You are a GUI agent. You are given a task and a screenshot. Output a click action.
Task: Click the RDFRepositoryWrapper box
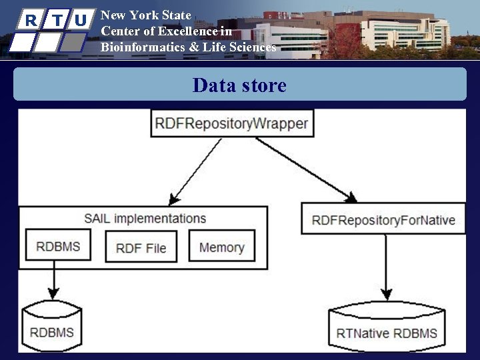click(231, 124)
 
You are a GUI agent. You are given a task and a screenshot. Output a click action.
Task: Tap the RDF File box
click(141, 247)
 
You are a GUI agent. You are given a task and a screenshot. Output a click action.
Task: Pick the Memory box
click(221, 247)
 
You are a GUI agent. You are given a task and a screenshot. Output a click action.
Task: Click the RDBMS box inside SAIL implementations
click(58, 246)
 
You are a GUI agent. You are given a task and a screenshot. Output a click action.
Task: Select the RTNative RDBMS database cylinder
click(387, 329)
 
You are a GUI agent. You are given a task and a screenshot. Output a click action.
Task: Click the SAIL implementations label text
click(145, 219)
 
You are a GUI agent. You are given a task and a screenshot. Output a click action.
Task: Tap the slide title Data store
click(239, 85)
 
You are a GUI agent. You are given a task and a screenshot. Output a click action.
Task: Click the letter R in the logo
click(30, 20)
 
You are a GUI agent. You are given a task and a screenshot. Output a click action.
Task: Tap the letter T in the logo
click(57, 20)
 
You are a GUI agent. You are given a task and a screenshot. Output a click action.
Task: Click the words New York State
click(145, 15)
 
